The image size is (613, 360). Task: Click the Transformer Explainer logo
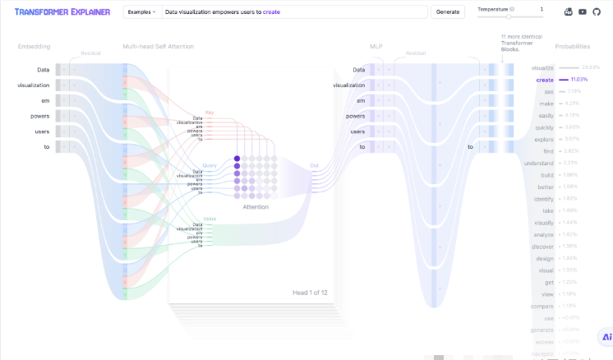coord(62,12)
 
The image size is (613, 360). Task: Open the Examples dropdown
coord(141,12)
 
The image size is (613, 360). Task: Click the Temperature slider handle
coord(509,16)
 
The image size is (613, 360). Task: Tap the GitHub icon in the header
coord(596,12)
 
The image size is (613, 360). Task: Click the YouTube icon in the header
coord(582,12)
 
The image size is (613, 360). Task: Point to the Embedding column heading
coord(34,46)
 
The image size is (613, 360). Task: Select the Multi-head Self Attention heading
coord(158,46)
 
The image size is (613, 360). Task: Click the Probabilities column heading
coord(572,46)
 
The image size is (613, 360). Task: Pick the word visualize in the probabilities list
coord(543,67)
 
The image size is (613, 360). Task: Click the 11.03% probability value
coord(578,80)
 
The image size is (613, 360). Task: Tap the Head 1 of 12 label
coord(310,293)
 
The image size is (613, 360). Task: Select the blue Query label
coord(210,164)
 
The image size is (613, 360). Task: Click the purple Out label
coord(314,164)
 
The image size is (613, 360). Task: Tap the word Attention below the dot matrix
coord(256,207)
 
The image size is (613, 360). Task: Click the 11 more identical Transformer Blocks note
coord(517,43)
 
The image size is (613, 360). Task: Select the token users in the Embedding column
coord(41,131)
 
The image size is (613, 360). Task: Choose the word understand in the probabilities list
coord(539,163)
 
